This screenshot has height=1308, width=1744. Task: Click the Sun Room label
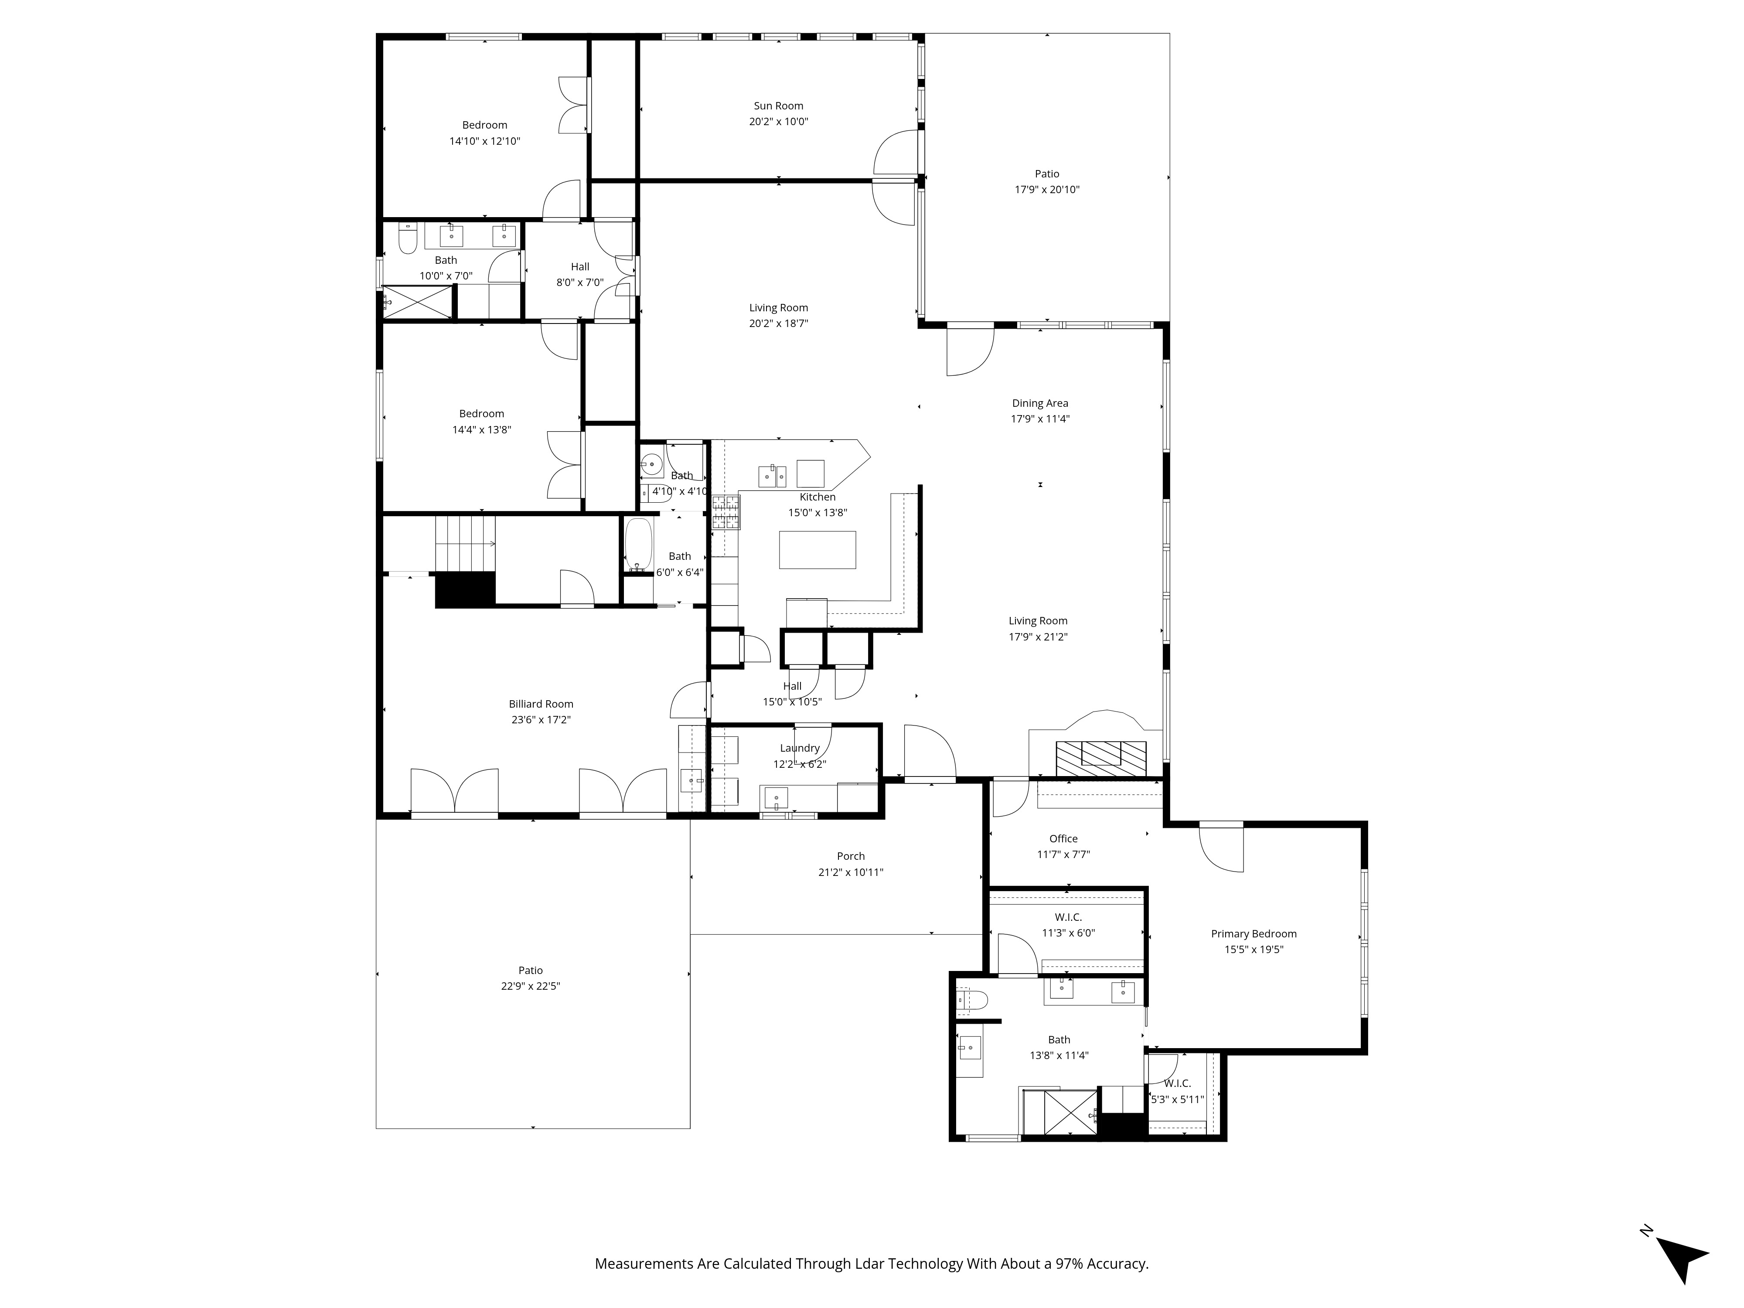[x=778, y=106]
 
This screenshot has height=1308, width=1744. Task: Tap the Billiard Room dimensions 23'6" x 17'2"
[x=541, y=720]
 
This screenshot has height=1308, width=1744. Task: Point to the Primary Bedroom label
[x=1253, y=933]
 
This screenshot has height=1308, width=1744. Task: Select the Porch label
[x=851, y=856]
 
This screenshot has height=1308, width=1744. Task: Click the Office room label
[x=1063, y=839]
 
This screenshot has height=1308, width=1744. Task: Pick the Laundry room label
[x=800, y=748]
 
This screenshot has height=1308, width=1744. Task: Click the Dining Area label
[x=1040, y=403]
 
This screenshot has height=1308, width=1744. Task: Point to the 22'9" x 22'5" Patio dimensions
[x=531, y=986]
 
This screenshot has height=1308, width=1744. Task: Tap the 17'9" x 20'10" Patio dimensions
[x=1047, y=189]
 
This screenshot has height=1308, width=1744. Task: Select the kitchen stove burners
[x=726, y=512]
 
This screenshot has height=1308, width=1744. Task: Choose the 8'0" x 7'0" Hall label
[x=580, y=266]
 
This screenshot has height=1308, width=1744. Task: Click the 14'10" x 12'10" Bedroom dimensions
[x=485, y=141]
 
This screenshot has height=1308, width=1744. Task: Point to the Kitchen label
[x=817, y=497]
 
